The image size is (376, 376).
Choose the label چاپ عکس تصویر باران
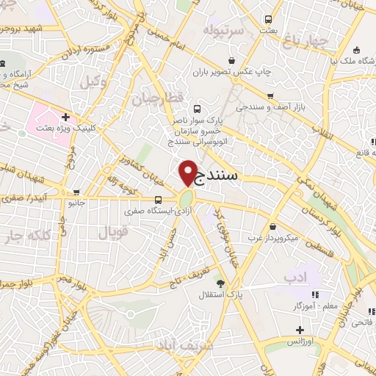[234, 73]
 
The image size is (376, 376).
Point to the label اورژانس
[299, 341]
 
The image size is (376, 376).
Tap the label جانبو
[77, 203]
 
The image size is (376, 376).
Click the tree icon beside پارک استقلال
[220, 282]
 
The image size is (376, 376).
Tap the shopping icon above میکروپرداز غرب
[272, 226]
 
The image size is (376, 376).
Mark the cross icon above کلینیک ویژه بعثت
[66, 116]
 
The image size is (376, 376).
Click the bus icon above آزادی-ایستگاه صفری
[159, 199]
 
